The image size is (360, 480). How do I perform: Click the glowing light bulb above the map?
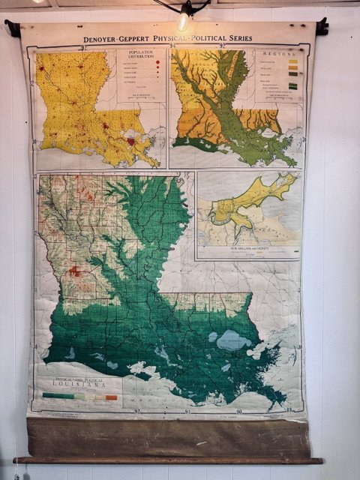click(x=183, y=20)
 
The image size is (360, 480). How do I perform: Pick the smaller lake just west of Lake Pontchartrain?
click(x=213, y=337)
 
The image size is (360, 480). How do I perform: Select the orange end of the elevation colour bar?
click(x=112, y=397)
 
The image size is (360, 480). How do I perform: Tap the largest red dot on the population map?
click(x=131, y=140)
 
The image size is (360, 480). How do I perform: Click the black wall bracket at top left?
click(x=12, y=28)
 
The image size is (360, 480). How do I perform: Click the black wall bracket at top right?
click(x=322, y=27)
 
